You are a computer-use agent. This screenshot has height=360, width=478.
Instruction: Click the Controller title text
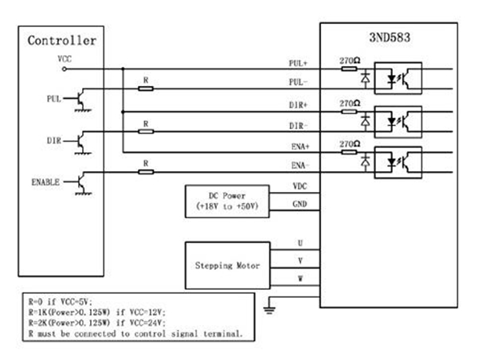62,41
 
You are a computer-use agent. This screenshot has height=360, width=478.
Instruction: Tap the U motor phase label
300,242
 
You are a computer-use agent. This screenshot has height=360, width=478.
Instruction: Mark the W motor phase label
300,279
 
